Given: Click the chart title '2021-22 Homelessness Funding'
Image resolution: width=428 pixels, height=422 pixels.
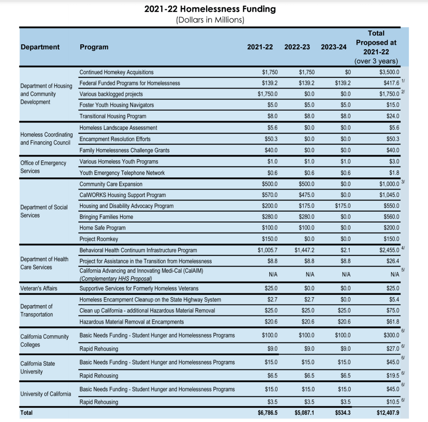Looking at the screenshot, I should (210, 9).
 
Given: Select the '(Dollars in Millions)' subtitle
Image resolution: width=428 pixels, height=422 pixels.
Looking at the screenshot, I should (210, 20).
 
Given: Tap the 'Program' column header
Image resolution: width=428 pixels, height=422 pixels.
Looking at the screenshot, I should (94, 47).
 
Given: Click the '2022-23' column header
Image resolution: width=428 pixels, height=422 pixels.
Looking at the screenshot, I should (297, 47).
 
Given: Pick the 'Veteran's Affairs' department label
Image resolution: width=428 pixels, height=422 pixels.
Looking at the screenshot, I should (39, 288).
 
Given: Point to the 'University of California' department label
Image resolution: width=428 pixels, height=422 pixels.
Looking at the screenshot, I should (46, 394).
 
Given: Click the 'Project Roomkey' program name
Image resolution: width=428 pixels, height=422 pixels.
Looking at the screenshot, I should (99, 239).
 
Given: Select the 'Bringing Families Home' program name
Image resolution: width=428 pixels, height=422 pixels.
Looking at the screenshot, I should (106, 217).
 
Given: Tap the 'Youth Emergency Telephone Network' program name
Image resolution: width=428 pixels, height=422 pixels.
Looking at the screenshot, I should (122, 173).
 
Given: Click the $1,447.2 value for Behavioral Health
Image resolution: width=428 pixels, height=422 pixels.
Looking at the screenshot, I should (304, 250).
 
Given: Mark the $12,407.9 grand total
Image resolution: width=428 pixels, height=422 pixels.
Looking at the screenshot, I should (388, 413).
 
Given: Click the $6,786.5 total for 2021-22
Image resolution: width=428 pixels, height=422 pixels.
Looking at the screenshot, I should (267, 413).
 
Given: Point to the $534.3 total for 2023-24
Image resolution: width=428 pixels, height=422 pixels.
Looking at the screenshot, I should (343, 413).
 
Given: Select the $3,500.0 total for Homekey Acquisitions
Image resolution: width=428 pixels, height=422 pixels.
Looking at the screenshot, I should (389, 72).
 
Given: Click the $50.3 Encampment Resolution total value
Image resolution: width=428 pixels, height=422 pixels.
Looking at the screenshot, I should (393, 139).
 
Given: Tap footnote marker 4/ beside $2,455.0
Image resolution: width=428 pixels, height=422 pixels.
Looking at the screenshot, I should (403, 248).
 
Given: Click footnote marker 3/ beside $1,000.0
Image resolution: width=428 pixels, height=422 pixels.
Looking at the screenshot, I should (403, 182).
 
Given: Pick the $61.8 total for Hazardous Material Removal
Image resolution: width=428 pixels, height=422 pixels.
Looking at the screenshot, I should (393, 322).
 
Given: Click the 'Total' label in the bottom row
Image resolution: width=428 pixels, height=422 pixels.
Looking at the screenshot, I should (26, 413).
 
